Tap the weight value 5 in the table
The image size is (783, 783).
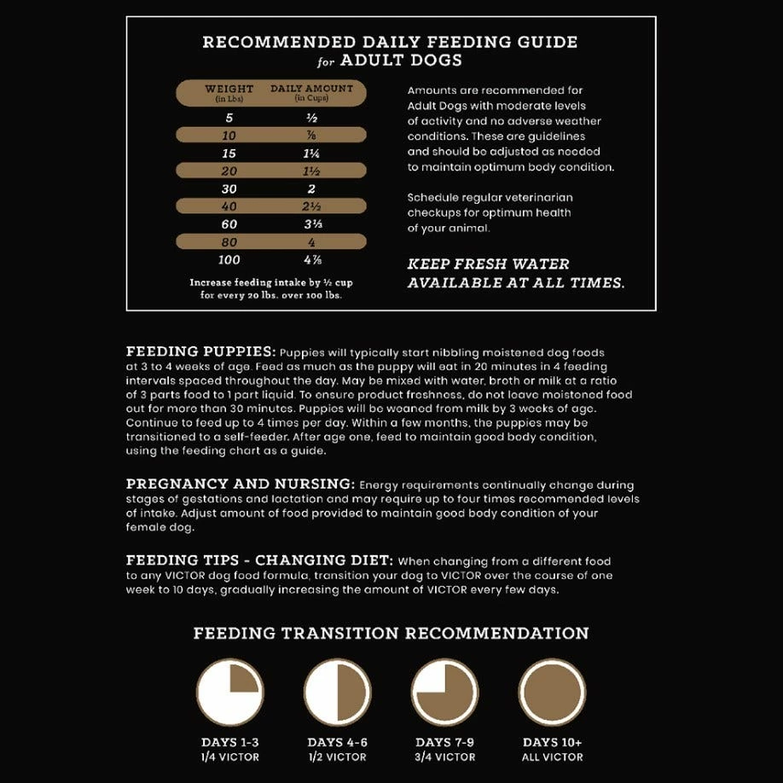point(229,118)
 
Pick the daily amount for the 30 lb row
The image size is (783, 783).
point(311,188)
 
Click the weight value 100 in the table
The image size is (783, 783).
point(229,259)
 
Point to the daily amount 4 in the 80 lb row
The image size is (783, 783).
point(311,241)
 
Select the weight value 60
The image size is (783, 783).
point(229,223)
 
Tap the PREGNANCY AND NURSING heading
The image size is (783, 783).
point(241,484)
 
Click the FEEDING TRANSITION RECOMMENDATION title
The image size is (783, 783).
point(391,633)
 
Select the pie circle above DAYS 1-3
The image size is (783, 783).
point(229,692)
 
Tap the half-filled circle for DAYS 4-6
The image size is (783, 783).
point(337,692)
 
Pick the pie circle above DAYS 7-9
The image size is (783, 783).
point(444,692)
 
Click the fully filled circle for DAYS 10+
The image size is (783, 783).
point(553,692)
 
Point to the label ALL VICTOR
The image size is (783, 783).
point(553,757)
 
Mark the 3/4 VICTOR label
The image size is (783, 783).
point(444,757)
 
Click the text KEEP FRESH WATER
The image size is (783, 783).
point(489,264)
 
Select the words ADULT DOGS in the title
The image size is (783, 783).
point(401,61)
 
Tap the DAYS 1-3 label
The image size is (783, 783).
point(229,742)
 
